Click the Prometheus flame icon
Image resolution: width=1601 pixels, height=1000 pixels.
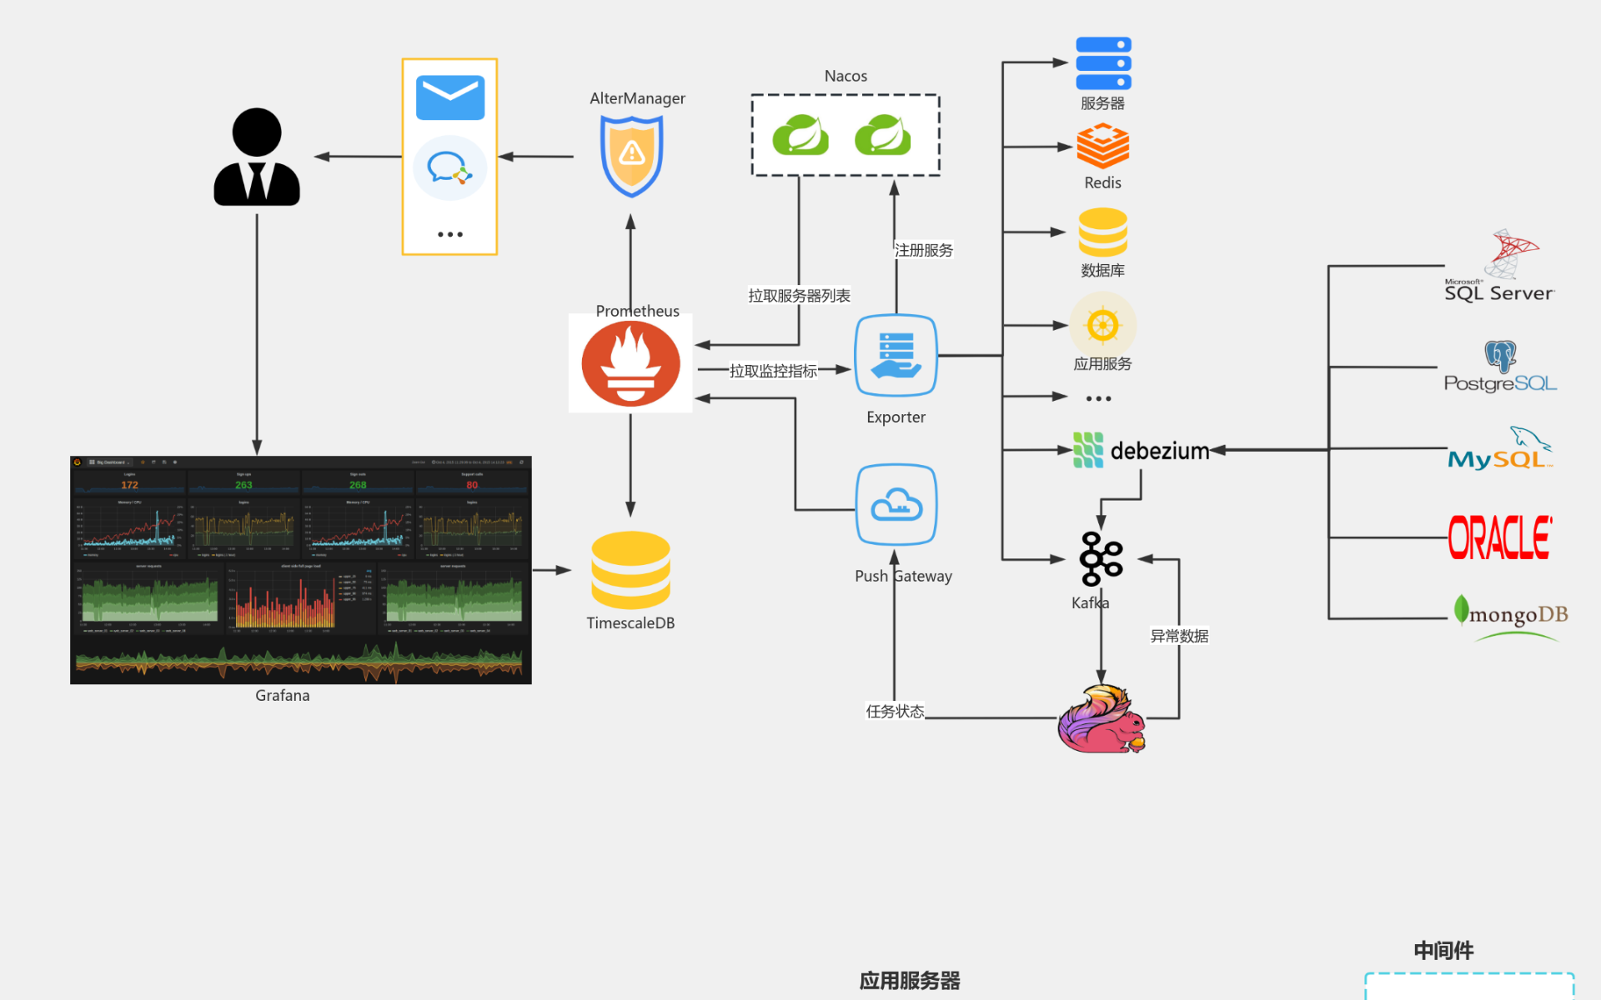(630, 364)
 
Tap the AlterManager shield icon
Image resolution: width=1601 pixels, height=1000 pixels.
(632, 156)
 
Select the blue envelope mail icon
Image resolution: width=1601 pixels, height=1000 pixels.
(450, 98)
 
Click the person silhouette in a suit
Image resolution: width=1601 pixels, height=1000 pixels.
(257, 157)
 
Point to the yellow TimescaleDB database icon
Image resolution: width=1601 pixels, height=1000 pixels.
(630, 570)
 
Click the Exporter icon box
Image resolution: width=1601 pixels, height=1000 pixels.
(896, 356)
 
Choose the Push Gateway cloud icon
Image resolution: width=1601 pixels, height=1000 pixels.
(896, 505)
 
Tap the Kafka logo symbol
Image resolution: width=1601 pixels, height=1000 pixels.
(1101, 558)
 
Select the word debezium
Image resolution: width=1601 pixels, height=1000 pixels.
(1159, 451)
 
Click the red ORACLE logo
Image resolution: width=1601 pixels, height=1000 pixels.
(1499, 537)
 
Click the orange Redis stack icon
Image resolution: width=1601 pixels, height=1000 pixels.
(1102, 146)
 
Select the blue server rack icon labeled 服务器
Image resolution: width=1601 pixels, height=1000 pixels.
(1103, 63)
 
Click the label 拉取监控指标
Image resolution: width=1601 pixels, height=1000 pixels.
(773, 371)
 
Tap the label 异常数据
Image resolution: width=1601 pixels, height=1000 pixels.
(1179, 636)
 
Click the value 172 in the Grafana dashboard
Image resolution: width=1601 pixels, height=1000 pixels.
(129, 485)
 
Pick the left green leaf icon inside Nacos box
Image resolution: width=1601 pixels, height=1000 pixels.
(800, 135)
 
